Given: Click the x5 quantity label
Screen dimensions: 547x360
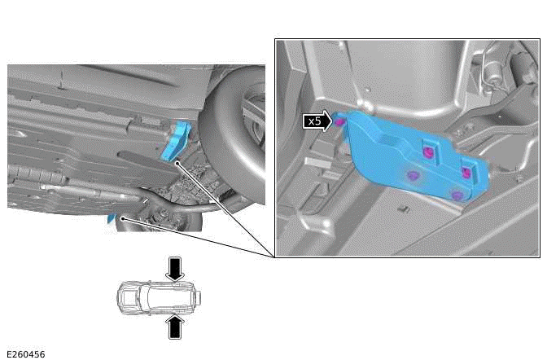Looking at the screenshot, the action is click(315, 121).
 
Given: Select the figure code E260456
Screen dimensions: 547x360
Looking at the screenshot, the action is click(26, 354).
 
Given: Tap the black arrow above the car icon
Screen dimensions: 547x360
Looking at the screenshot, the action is click(175, 269).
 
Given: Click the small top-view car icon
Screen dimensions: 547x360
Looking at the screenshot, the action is click(159, 298).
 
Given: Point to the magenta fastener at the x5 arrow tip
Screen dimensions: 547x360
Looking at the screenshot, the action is click(339, 122).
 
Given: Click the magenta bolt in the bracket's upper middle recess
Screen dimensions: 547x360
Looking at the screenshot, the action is click(428, 152).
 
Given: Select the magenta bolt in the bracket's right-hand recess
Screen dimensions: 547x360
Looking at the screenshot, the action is click(466, 172).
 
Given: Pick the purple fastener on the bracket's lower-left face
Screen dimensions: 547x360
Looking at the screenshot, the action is click(413, 175).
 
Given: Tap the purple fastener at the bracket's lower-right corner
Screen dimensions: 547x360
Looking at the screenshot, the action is click(457, 195).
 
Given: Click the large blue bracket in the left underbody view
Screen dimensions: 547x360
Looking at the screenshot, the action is click(177, 141).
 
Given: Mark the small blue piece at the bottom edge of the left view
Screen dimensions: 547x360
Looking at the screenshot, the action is click(112, 218).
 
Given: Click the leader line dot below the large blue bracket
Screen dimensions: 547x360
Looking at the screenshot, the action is click(177, 163).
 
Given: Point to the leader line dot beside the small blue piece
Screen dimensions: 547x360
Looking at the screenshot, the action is click(122, 218).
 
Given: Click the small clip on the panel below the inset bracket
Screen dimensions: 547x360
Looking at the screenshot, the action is click(405, 209).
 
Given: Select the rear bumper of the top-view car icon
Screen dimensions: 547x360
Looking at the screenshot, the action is click(199, 298).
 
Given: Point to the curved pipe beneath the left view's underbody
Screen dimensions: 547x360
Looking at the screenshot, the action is click(182, 205).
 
